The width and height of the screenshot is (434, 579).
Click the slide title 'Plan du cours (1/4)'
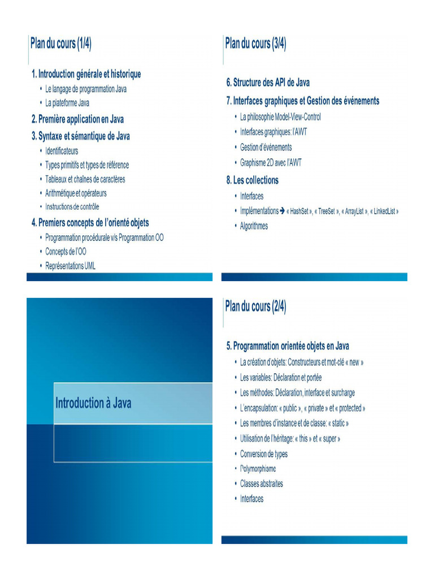(61, 44)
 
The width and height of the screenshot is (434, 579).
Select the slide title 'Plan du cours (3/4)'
(255, 44)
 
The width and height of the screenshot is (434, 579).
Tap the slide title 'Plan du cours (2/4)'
(255, 307)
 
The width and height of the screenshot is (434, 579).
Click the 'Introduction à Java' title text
(93, 403)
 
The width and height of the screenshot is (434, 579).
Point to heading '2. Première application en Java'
(77, 119)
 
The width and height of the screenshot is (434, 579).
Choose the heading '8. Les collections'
(252, 180)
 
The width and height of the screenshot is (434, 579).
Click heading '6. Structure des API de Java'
(268, 83)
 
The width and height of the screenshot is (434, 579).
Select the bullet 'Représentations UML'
(70, 266)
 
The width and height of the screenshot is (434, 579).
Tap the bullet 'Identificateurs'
(62, 151)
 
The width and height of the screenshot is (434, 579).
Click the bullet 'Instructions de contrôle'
(76, 208)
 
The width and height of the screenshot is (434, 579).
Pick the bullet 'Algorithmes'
(254, 226)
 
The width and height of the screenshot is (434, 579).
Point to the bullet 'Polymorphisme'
(258, 469)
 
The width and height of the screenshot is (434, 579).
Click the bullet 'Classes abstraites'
(261, 484)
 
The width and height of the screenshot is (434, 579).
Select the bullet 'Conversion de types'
(263, 454)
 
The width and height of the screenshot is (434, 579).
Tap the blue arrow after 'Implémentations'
(283, 211)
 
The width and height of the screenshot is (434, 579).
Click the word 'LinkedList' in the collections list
(384, 211)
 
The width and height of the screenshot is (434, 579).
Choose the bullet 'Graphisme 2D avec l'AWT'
(271, 163)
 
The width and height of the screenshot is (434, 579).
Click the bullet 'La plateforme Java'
(67, 103)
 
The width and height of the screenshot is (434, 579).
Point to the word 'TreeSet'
(326, 211)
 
